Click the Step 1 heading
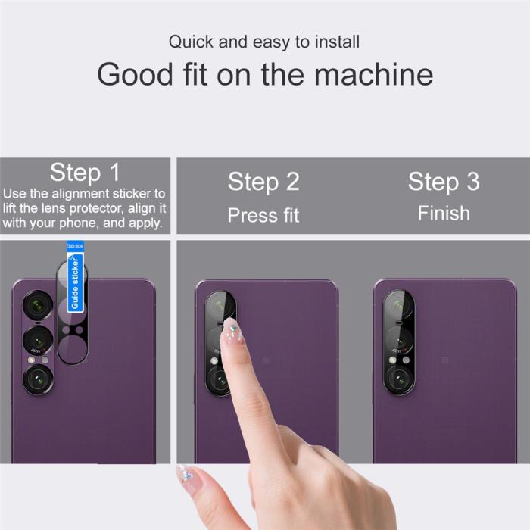[85, 173]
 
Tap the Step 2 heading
[263, 182]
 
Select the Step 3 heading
[444, 182]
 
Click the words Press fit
[263, 215]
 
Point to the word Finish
[444, 213]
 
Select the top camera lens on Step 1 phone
[37, 306]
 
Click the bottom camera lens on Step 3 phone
[398, 376]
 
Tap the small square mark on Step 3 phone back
[445, 360]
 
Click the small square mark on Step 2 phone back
[267, 360]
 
